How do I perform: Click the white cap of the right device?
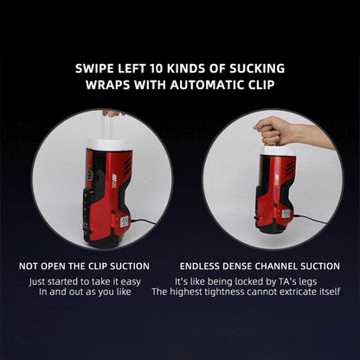click(279, 151)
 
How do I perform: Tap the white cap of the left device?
click(110, 145)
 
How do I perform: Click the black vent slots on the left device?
click(127, 166)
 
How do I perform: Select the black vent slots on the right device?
click(290, 169)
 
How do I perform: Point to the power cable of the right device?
click(310, 218)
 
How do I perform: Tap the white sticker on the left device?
click(125, 222)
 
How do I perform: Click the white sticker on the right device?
click(286, 214)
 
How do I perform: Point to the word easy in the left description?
click(131, 282)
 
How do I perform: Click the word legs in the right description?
click(308, 282)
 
